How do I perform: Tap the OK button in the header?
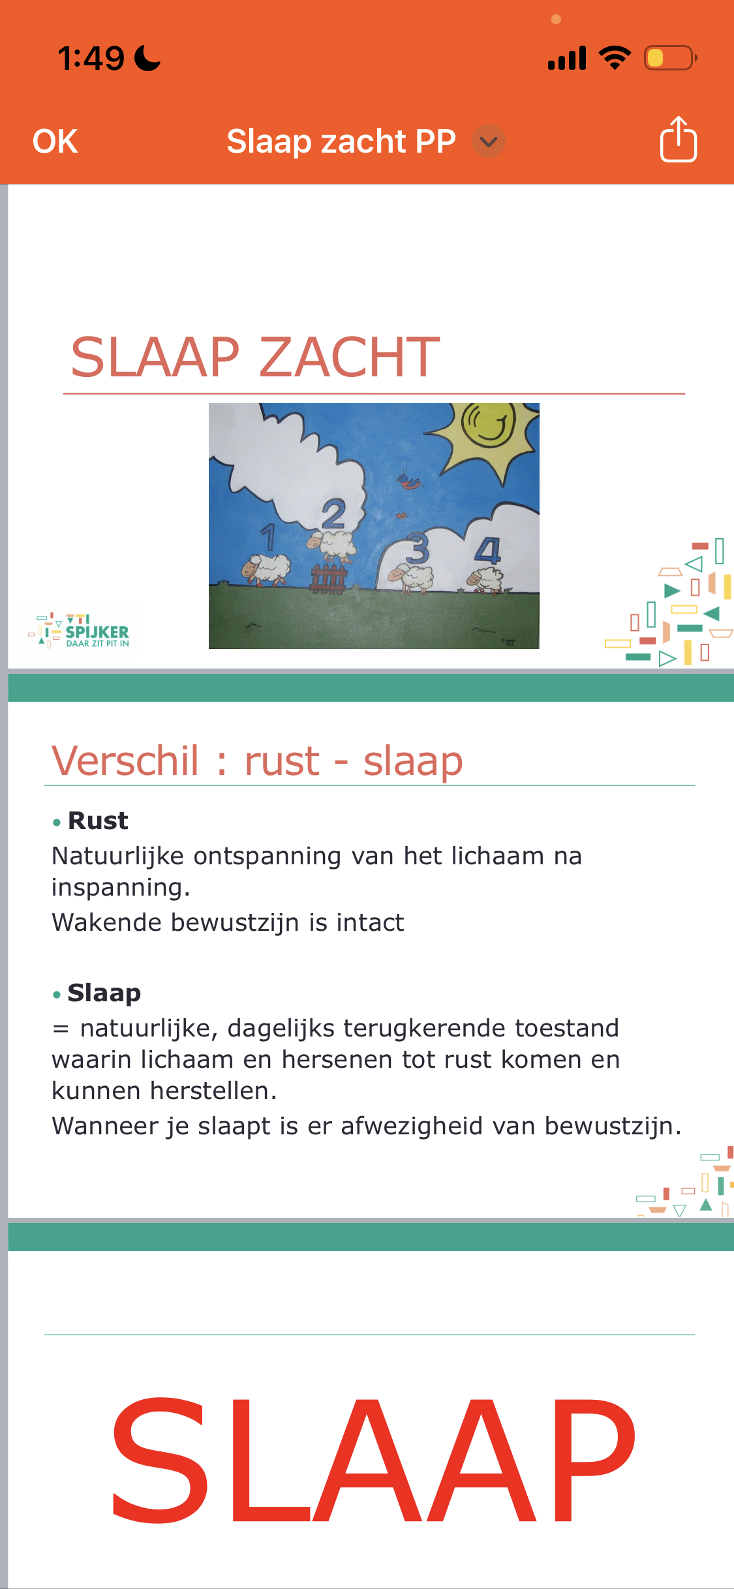[x=55, y=142]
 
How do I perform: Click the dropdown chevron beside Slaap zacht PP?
[x=489, y=142]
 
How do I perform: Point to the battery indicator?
[x=669, y=58]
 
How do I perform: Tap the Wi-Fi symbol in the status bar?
[x=615, y=58]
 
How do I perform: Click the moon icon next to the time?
[x=147, y=58]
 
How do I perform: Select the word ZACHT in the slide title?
[x=350, y=357]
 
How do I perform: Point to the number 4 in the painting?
[x=488, y=551]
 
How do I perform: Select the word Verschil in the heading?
[x=125, y=761]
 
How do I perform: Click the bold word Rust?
[x=98, y=821]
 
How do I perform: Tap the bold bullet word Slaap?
[x=104, y=993]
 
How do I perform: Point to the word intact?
[x=370, y=922]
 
